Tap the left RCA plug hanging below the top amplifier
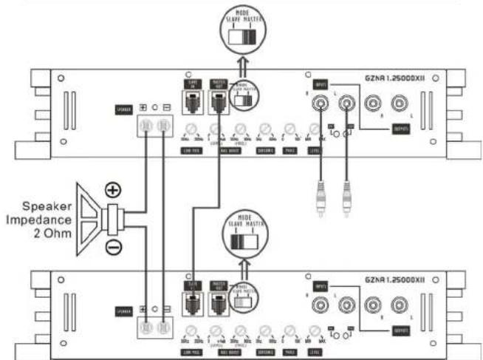321,200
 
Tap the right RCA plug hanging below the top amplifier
344,200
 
